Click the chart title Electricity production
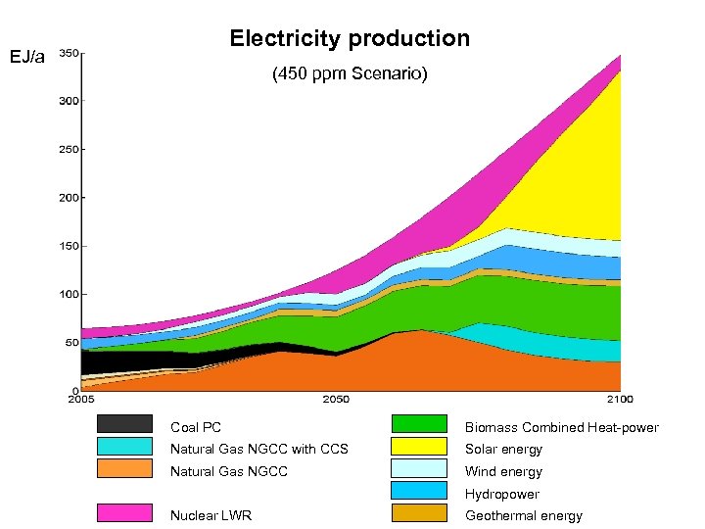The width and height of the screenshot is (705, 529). pos(350,39)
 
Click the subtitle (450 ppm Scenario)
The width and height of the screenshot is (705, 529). pos(350,74)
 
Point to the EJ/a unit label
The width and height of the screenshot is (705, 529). pos(26,58)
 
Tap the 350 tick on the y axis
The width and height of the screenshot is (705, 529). pos(70,53)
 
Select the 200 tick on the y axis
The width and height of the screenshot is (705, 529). pos(70,198)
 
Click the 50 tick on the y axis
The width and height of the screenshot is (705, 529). pos(71,343)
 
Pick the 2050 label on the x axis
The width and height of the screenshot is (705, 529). pos(336,400)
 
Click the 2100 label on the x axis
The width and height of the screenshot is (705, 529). pos(619,400)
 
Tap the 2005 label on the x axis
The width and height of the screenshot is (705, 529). pos(81,400)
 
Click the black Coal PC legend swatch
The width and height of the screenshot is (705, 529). pos(124,424)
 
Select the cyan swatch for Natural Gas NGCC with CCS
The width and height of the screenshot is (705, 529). pos(124,446)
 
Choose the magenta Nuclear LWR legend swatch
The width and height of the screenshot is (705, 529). pos(124,512)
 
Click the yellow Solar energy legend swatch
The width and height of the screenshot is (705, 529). pos(419,446)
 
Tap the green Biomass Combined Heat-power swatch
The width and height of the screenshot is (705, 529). pos(419,424)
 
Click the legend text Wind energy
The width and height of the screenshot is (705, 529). pos(503,472)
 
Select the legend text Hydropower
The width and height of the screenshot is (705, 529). pos(501,495)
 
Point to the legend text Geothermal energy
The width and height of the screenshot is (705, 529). pos(523,516)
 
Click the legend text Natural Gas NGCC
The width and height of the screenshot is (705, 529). pos(229,472)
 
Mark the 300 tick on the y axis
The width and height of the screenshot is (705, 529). pos(70,101)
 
